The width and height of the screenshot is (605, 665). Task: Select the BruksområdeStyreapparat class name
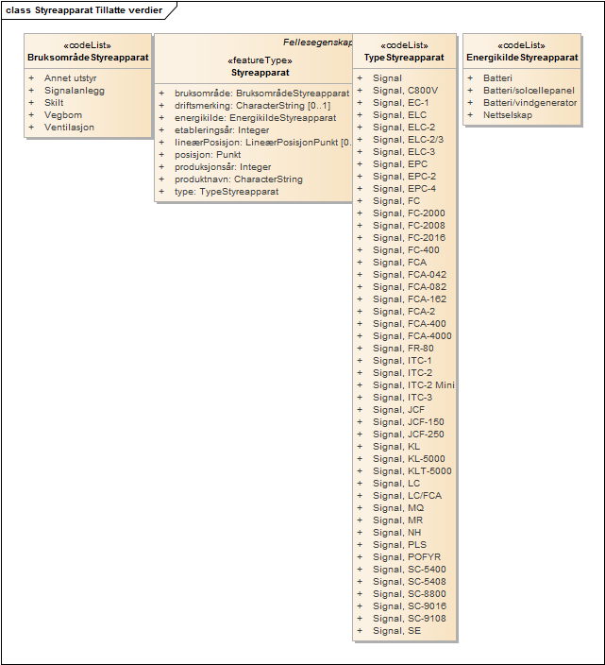tap(89, 57)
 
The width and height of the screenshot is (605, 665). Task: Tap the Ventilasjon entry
tap(69, 128)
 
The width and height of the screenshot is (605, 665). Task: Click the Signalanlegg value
tap(75, 91)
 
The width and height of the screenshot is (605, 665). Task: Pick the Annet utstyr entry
tap(70, 78)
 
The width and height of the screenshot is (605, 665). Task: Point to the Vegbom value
tap(63, 115)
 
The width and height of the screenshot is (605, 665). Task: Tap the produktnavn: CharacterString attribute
tap(238, 179)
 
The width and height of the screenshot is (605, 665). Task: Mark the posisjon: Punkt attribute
tap(208, 155)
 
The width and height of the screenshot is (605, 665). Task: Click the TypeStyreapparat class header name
tap(404, 58)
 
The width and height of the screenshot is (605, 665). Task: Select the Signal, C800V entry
tap(405, 91)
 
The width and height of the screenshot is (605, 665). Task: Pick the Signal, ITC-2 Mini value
tap(413, 385)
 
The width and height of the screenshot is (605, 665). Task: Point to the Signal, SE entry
tap(396, 631)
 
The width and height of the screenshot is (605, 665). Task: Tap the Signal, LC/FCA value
tap(404, 496)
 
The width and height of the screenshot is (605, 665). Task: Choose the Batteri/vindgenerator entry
tap(529, 103)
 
